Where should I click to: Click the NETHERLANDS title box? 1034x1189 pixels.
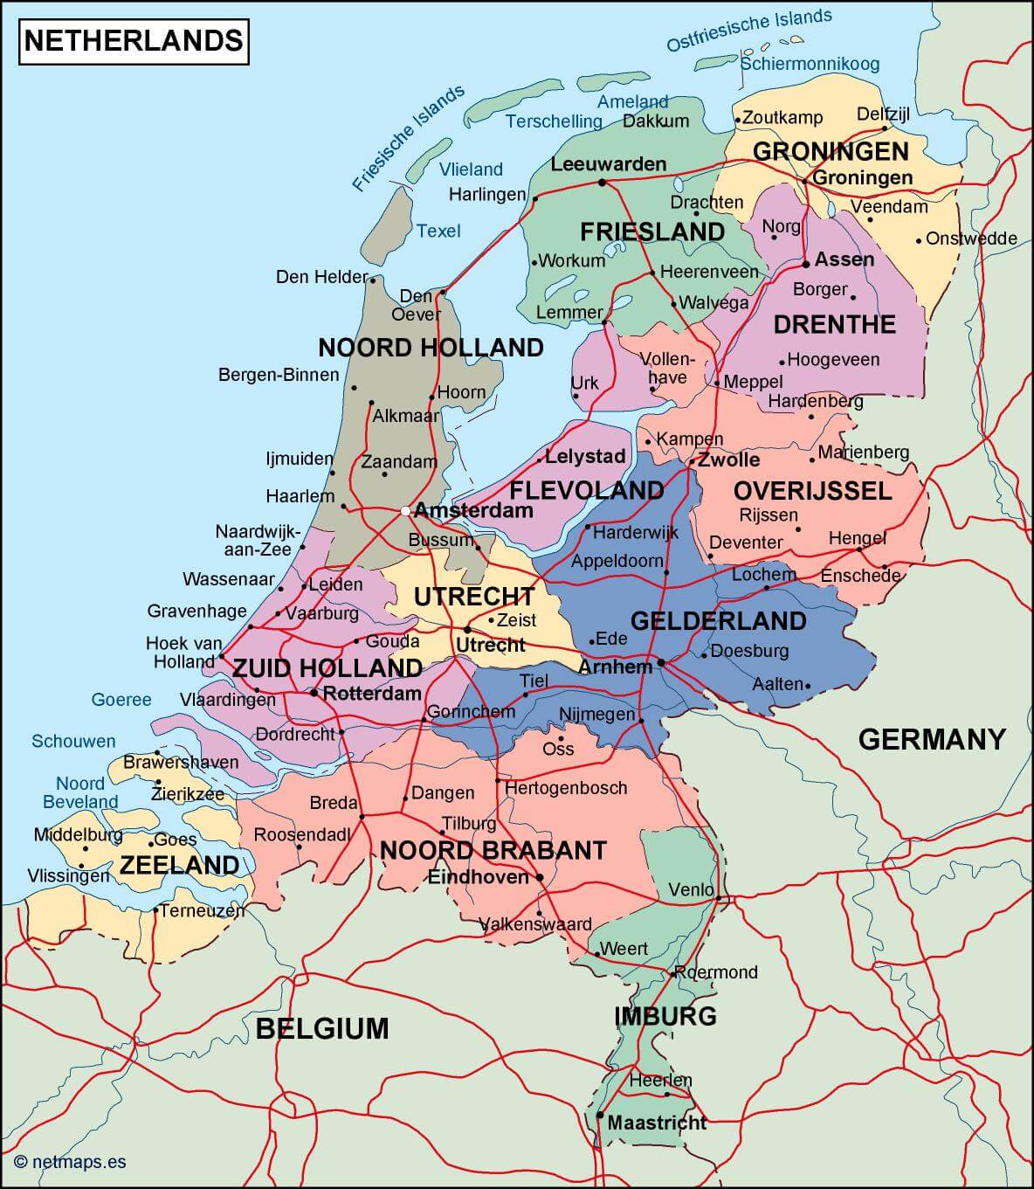point(134,41)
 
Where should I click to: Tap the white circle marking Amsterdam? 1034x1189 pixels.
point(405,511)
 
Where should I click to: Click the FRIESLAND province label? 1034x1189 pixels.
point(651,232)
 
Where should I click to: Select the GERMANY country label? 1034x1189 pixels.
point(932,739)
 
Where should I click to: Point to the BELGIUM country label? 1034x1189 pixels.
point(322,1028)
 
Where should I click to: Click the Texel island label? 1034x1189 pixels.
point(438,231)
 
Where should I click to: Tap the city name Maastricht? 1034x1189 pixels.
point(656,1123)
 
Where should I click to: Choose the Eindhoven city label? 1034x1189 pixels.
point(478,877)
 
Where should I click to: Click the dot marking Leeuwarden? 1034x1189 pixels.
point(602,183)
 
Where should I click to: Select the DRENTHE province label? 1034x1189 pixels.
point(834,324)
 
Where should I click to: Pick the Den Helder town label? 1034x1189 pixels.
point(321,277)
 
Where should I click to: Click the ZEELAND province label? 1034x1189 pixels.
point(179,865)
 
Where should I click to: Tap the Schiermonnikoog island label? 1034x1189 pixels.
point(810,64)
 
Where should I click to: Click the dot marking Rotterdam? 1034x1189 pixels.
point(314,694)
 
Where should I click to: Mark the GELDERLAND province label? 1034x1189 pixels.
point(718,621)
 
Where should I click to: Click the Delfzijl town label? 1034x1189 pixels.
point(883,114)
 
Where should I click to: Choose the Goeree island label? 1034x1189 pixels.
point(121,700)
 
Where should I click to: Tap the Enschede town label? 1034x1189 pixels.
point(860,576)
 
